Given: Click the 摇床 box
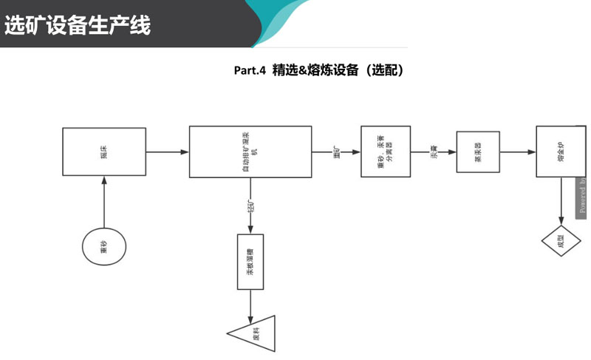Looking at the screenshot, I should pos(103,152).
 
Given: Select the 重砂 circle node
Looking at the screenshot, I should pos(103,248).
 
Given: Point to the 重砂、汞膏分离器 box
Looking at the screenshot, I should pos(385,152).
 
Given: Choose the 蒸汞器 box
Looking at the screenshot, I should pos(479,152).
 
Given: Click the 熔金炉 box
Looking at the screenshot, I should pos(561,152).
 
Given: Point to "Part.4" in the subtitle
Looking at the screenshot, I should pos(250,71).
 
